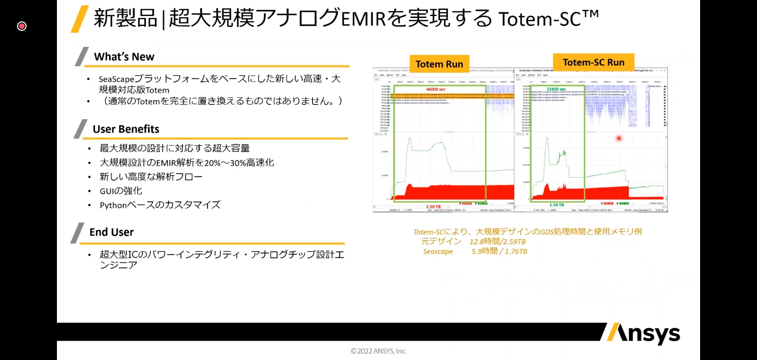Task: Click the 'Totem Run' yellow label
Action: tap(439, 64)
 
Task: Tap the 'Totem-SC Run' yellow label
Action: tap(593, 62)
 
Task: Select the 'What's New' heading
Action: tap(124, 57)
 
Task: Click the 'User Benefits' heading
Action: tap(126, 129)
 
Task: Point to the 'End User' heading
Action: tap(111, 232)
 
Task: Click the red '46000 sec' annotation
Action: tap(435, 89)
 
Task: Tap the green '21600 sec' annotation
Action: tap(556, 89)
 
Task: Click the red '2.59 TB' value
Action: tap(433, 207)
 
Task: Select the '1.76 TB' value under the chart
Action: tap(556, 205)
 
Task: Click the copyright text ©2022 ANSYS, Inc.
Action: tap(378, 351)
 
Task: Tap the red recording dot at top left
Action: tap(22, 26)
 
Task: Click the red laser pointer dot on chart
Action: tap(619, 138)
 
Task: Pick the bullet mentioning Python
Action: tap(160, 205)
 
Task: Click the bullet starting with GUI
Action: tap(120, 191)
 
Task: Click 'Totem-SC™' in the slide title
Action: tap(548, 19)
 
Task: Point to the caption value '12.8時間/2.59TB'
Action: tap(497, 241)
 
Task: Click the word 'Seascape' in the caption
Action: tap(438, 251)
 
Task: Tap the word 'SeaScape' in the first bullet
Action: tap(116, 79)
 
